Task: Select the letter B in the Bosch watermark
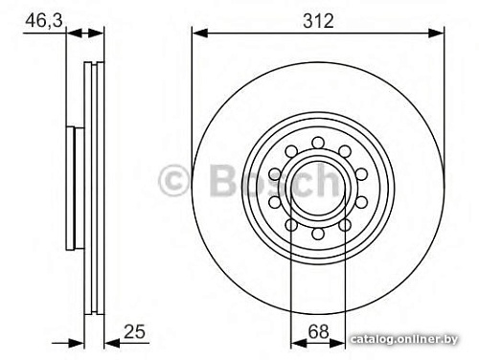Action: (220, 179)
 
